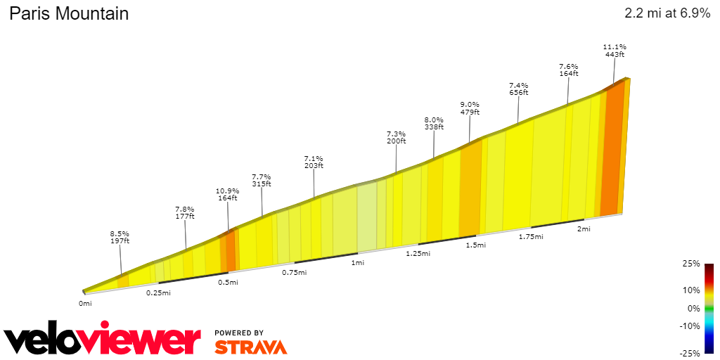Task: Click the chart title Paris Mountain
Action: [x=69, y=13]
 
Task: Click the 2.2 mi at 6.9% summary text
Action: [x=667, y=13]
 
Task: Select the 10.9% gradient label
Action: [x=228, y=191]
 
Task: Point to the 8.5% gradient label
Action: [x=120, y=233]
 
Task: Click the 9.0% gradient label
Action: [x=470, y=104]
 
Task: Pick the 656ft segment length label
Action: [x=518, y=92]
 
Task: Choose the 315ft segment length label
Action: [x=262, y=184]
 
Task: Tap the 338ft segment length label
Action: [x=434, y=127]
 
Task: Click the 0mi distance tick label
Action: [x=85, y=303]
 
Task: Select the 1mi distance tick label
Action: [x=358, y=263]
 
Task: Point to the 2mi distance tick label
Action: [x=584, y=229]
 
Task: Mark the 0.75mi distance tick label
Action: [x=294, y=273]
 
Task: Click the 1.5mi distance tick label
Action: [x=476, y=245]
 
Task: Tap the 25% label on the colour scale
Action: [x=691, y=264]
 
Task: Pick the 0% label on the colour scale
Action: [x=694, y=308]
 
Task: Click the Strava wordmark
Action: [x=250, y=347]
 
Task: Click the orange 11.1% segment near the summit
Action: [x=612, y=151]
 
